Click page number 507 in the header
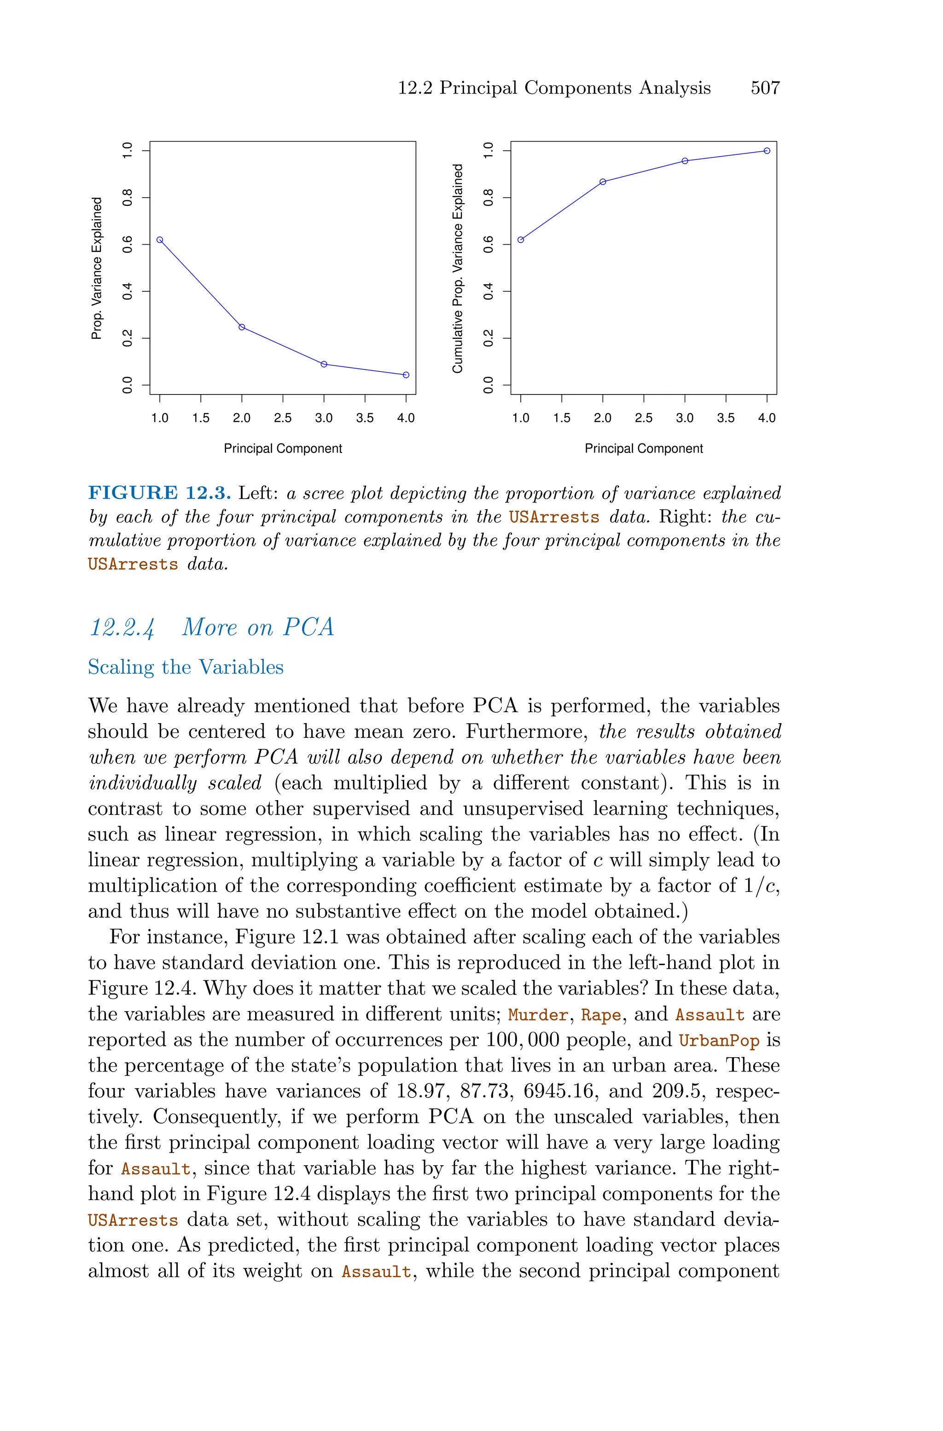coord(765,88)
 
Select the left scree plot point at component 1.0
coord(160,240)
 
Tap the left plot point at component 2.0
coord(242,327)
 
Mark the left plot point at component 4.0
coord(406,375)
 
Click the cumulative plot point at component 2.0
coord(603,182)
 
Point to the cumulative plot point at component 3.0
coord(685,161)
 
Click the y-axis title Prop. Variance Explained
coord(96,268)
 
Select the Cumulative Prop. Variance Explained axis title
coord(458,268)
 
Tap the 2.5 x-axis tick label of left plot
coord(283,418)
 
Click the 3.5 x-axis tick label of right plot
coord(726,418)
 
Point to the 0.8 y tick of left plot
coord(128,197)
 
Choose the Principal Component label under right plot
coord(644,448)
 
